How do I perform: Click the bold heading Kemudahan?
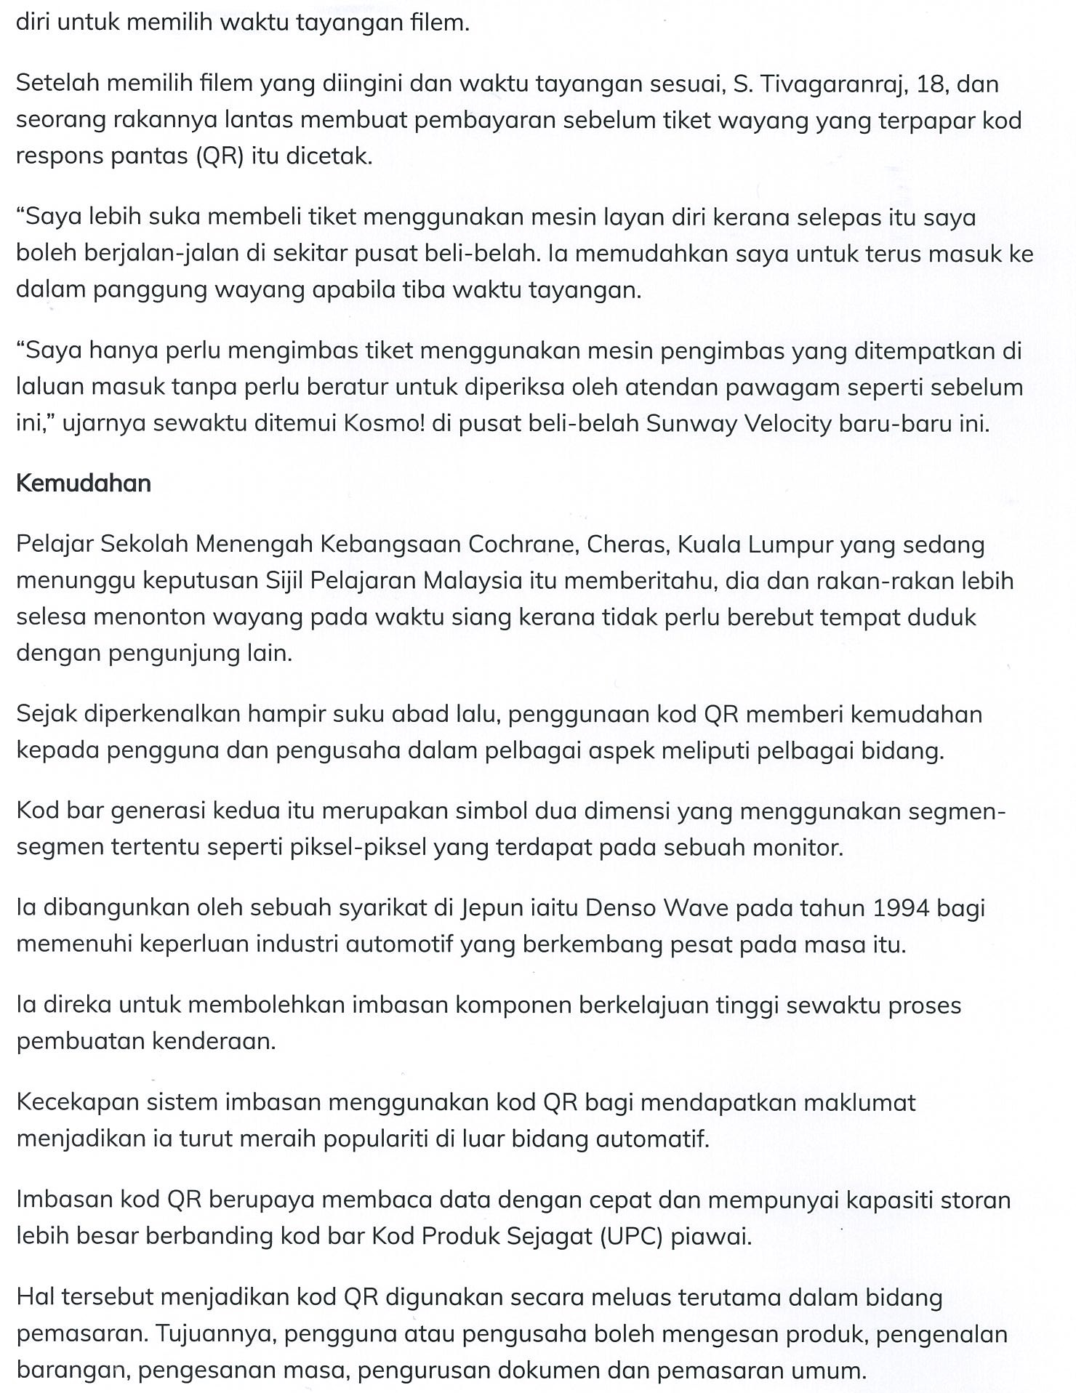pyautogui.click(x=84, y=484)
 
